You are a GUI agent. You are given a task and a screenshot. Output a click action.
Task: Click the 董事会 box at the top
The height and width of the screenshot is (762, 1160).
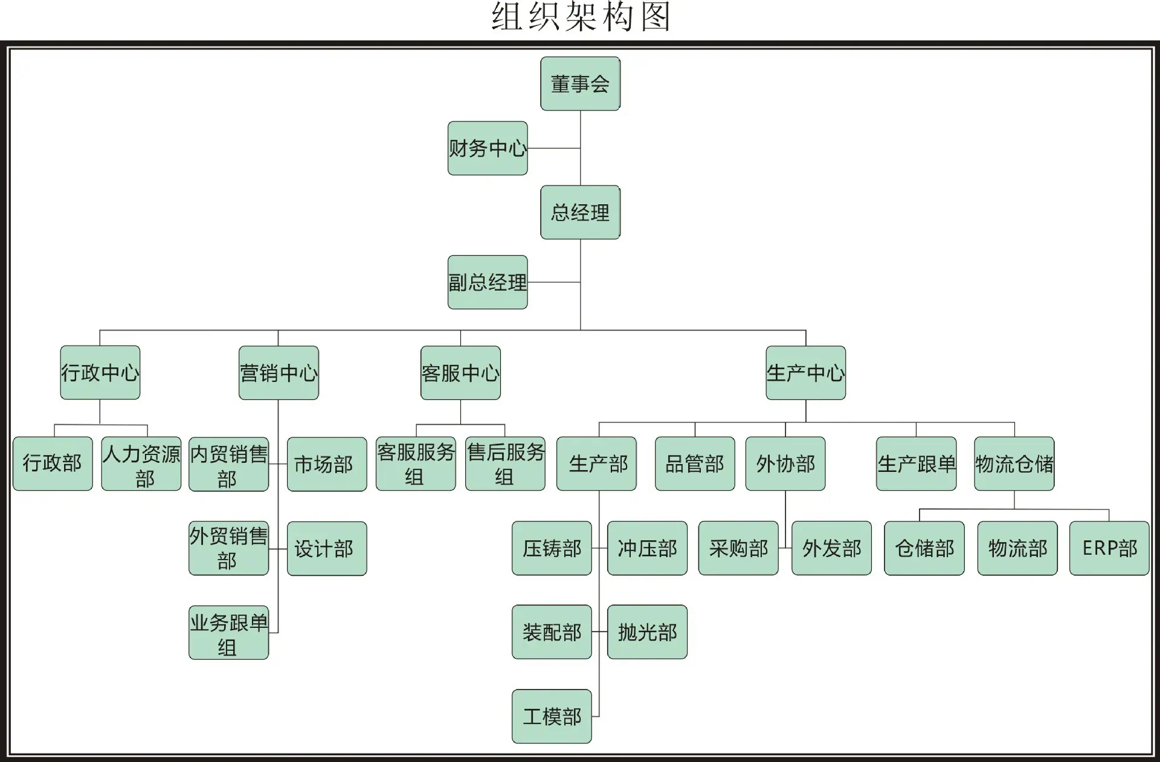tap(580, 83)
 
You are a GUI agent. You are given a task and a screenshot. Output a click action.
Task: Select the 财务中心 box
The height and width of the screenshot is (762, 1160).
tap(488, 148)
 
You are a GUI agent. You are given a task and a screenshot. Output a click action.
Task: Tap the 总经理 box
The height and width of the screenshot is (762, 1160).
tap(580, 212)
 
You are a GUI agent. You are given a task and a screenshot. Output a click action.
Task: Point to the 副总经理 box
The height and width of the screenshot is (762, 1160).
tap(488, 282)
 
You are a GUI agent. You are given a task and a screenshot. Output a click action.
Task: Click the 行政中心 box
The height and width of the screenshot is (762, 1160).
tap(100, 372)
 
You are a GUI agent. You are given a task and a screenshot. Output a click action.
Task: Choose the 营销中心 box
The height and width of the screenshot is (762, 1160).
tap(279, 373)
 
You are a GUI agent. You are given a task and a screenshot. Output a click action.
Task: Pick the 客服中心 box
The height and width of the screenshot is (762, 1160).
tap(460, 373)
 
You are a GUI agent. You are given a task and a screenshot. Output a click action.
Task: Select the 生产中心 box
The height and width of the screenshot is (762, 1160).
tap(806, 373)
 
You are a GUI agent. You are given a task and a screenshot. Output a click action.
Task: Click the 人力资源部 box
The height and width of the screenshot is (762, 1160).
tap(141, 463)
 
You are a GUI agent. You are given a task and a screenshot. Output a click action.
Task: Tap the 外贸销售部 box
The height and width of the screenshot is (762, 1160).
tap(228, 548)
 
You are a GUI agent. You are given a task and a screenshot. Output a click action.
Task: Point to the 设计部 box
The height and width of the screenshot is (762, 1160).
tap(327, 549)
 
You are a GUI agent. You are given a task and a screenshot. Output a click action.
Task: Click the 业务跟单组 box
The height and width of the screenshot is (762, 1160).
tap(228, 633)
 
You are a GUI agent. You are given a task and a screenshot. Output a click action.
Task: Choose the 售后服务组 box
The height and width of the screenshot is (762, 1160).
tap(505, 463)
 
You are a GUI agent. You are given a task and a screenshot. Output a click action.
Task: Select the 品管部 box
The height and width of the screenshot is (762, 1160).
tap(695, 463)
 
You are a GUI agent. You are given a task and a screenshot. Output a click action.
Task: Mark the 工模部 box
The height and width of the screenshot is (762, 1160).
tap(552, 716)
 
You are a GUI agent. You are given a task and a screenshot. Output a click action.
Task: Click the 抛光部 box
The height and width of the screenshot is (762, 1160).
tap(647, 631)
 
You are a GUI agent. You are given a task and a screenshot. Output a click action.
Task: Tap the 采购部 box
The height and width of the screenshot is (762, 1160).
tap(738, 548)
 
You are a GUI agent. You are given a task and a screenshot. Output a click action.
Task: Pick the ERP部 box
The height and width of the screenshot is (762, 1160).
tap(1109, 548)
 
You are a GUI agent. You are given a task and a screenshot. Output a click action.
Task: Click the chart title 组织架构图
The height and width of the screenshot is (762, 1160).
tap(581, 16)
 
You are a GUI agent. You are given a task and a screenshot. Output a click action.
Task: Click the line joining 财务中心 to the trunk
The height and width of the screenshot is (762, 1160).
tap(554, 148)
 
